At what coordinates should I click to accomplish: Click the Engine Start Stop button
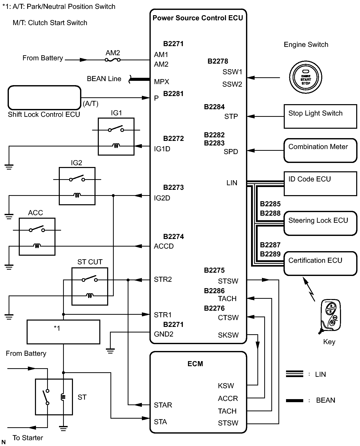[306, 77]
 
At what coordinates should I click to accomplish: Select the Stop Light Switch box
[320, 116]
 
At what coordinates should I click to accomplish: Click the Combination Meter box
[320, 150]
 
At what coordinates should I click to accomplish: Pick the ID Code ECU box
[320, 184]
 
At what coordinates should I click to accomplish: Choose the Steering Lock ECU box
[320, 223]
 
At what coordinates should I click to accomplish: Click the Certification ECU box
[320, 263]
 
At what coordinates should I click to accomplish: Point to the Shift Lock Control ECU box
[44, 98]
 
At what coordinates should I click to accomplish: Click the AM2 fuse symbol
[113, 60]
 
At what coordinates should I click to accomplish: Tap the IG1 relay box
[116, 136]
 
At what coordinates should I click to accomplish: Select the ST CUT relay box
[90, 286]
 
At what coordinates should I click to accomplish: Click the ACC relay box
[37, 236]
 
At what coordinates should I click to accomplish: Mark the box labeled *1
[63, 332]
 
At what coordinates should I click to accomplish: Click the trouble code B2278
[218, 61]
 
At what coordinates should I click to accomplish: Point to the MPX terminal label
[161, 82]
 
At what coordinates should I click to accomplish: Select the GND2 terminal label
[164, 334]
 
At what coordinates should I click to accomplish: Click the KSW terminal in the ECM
[226, 386]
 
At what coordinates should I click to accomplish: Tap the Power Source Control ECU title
[198, 18]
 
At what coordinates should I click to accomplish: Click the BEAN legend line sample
[294, 401]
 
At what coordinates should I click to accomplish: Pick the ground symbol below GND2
[110, 351]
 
